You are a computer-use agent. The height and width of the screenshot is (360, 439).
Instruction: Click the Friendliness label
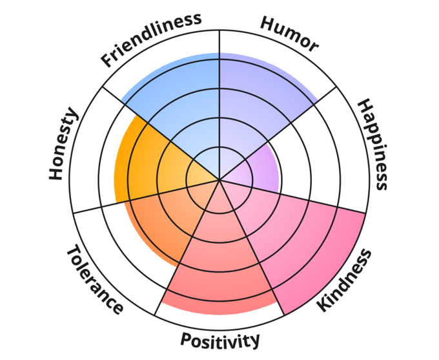click(151, 39)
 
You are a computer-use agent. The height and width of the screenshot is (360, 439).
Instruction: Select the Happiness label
click(373, 144)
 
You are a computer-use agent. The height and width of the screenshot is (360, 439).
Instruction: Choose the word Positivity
click(220, 339)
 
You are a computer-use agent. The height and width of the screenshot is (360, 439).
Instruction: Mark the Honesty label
click(63, 145)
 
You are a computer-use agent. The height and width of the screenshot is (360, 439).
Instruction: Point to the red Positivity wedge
click(219, 265)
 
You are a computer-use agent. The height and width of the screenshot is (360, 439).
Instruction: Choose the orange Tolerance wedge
click(161, 223)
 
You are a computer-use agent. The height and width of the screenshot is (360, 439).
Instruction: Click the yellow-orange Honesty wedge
click(145, 162)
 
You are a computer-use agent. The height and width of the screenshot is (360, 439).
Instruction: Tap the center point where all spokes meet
click(219, 180)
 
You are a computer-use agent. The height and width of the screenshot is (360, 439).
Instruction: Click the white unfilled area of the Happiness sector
click(323, 155)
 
